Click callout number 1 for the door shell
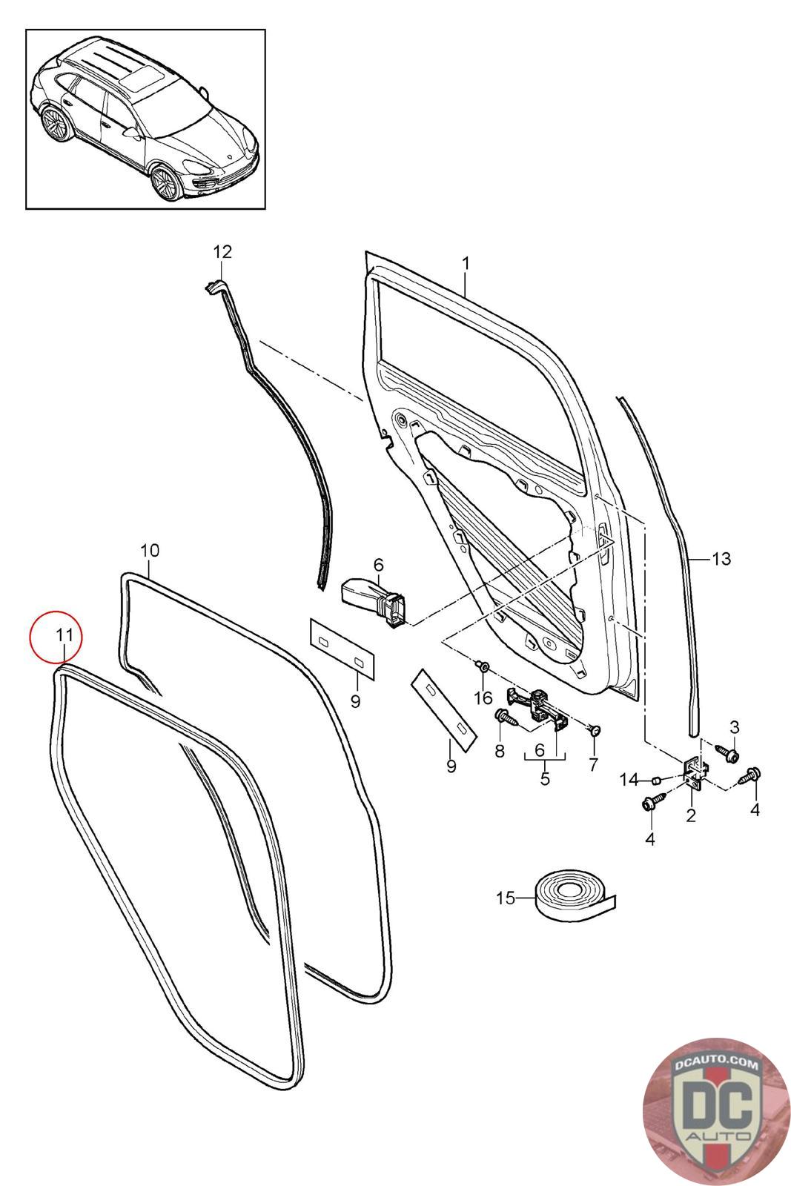click(466, 263)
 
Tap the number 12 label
click(222, 251)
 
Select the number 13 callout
click(721, 558)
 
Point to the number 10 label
click(149, 550)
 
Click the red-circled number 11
click(64, 635)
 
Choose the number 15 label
click(505, 898)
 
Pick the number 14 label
click(629, 779)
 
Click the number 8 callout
click(499, 751)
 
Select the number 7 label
click(592, 765)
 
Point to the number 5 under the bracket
click(545, 779)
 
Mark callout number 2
click(690, 816)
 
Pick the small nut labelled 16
click(483, 668)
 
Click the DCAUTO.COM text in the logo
click(717, 1065)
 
